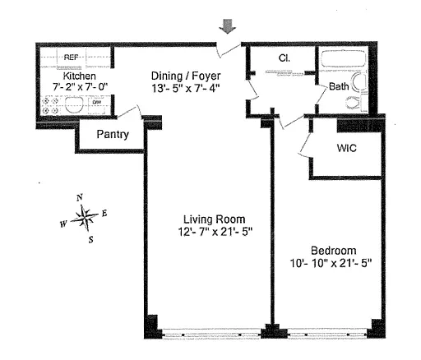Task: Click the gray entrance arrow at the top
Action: [x=227, y=26]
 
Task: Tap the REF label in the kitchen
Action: [x=71, y=58]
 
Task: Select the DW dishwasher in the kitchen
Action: [x=97, y=105]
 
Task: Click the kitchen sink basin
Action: [x=74, y=105]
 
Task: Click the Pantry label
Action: [x=113, y=134]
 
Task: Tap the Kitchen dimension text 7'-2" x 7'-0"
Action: [x=80, y=87]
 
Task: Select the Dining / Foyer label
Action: [x=186, y=76]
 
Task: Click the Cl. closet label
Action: [x=285, y=58]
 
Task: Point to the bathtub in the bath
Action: [x=343, y=58]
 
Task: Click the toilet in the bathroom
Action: [x=355, y=103]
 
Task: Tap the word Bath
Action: [x=339, y=86]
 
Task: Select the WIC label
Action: [x=346, y=148]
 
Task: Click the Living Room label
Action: [x=214, y=219]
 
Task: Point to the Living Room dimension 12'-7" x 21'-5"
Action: [x=215, y=232]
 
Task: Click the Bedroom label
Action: [x=334, y=251]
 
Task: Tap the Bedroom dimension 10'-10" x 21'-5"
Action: [x=331, y=263]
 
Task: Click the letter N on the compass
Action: [x=80, y=197]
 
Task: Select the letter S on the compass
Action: [x=90, y=240]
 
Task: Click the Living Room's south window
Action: [x=211, y=335]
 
